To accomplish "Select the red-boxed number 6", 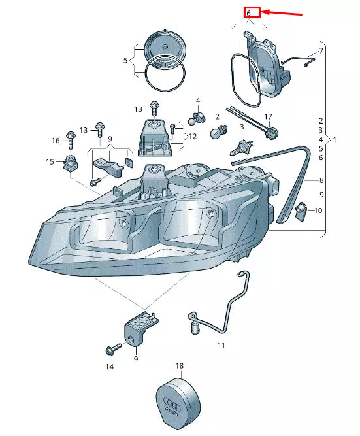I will point(252,12).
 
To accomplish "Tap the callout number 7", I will point(321,50).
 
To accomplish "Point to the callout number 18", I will point(180,367).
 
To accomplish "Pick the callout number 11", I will point(221,344).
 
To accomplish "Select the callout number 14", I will point(110,367).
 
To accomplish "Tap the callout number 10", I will point(318,210).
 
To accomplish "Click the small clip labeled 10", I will point(301,211).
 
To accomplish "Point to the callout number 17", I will point(267,117).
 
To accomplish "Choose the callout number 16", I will point(56,140).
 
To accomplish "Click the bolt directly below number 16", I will point(71,138).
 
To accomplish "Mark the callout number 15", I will point(50,162).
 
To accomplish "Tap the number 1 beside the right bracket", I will point(335,140).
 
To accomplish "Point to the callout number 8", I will point(321,180).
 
